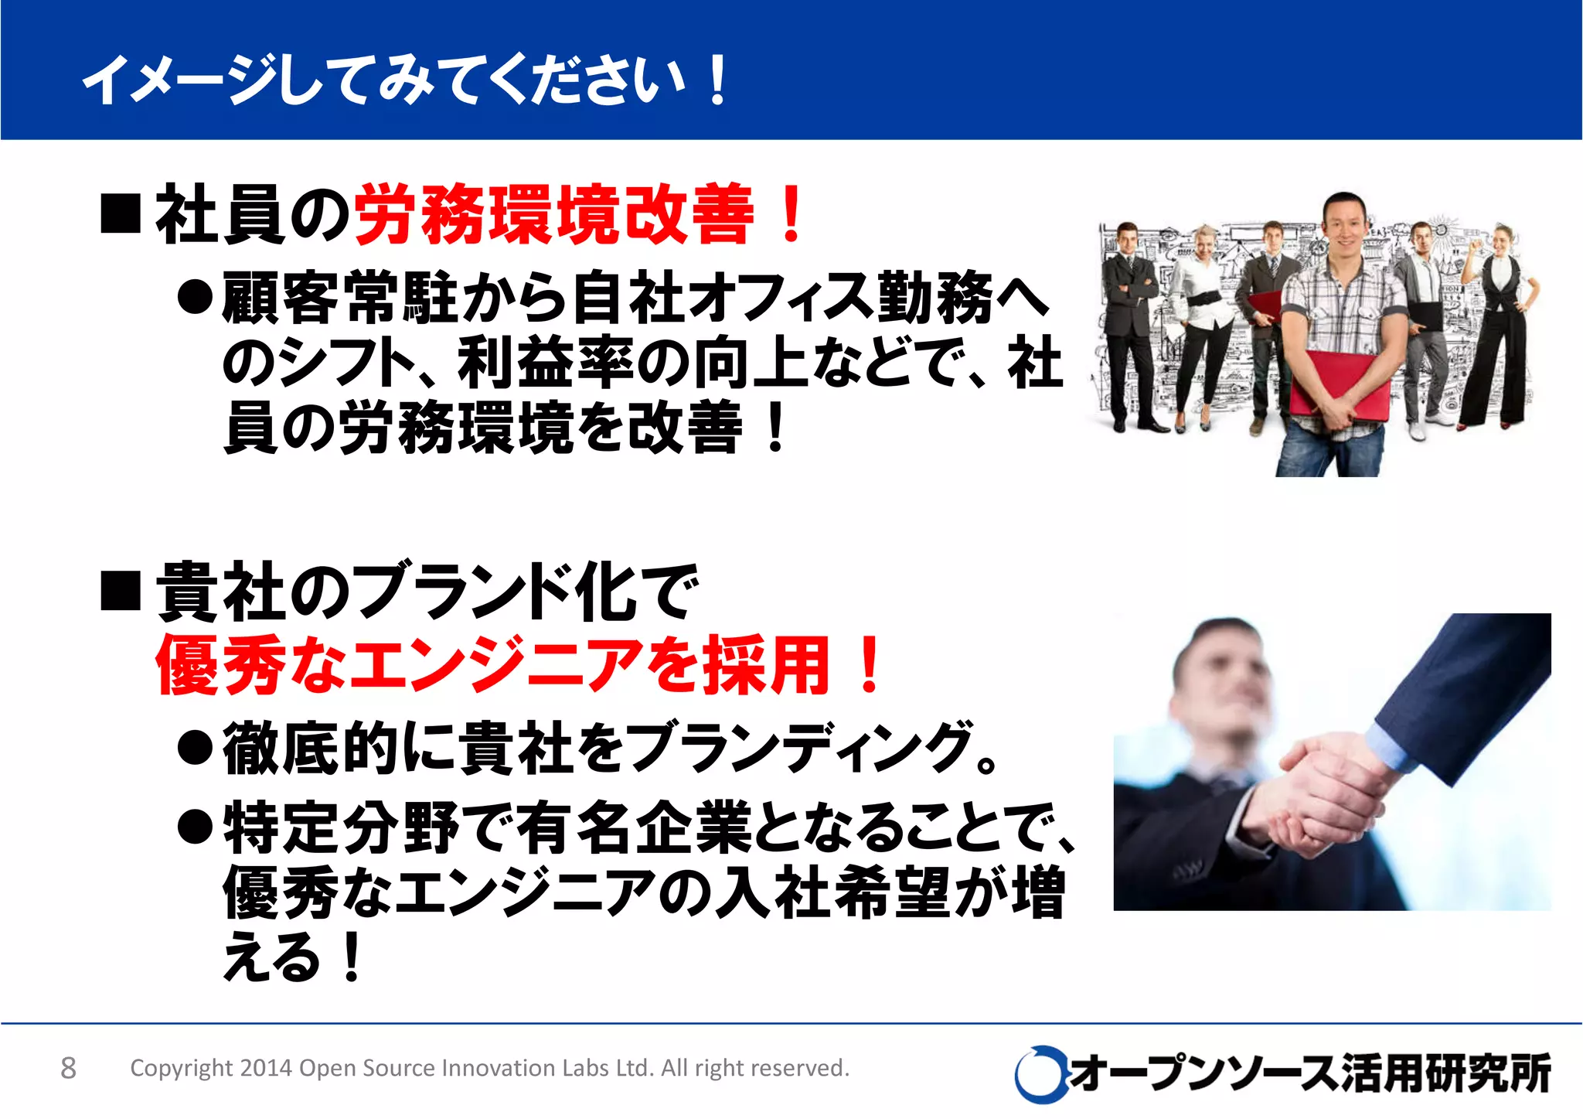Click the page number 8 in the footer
(x=68, y=1068)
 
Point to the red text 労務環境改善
(x=553, y=214)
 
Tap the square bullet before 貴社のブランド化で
(x=121, y=591)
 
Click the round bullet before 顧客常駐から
(x=195, y=297)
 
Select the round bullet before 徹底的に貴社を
(x=195, y=748)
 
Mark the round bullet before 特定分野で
(x=195, y=827)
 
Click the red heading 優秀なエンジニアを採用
(x=495, y=665)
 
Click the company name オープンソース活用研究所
(x=1310, y=1073)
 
